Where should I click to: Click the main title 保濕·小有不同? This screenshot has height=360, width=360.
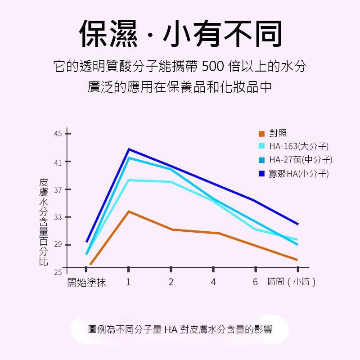180,34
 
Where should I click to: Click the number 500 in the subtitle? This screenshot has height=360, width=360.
212,67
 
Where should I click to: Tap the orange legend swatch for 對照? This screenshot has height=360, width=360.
261,134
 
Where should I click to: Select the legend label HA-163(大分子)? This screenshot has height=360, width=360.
299,146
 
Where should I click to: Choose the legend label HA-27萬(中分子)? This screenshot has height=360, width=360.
301,160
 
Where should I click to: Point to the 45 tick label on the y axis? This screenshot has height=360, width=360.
58,134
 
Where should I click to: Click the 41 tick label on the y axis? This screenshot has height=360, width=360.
58,162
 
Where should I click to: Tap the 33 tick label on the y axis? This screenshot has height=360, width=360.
58,217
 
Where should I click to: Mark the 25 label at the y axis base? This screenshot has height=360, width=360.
58,272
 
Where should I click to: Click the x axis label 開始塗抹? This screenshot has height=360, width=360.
86,283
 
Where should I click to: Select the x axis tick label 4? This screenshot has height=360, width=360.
213,282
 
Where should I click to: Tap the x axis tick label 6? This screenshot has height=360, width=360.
255,282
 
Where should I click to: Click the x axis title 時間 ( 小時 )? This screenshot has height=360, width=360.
291,282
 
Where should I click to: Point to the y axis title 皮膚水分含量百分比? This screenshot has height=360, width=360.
44,221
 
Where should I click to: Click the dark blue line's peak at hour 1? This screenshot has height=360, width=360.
129,149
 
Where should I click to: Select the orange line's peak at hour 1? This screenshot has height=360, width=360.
129,211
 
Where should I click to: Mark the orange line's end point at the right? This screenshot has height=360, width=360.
297,260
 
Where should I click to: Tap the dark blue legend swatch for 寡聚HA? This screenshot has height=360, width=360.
261,173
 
